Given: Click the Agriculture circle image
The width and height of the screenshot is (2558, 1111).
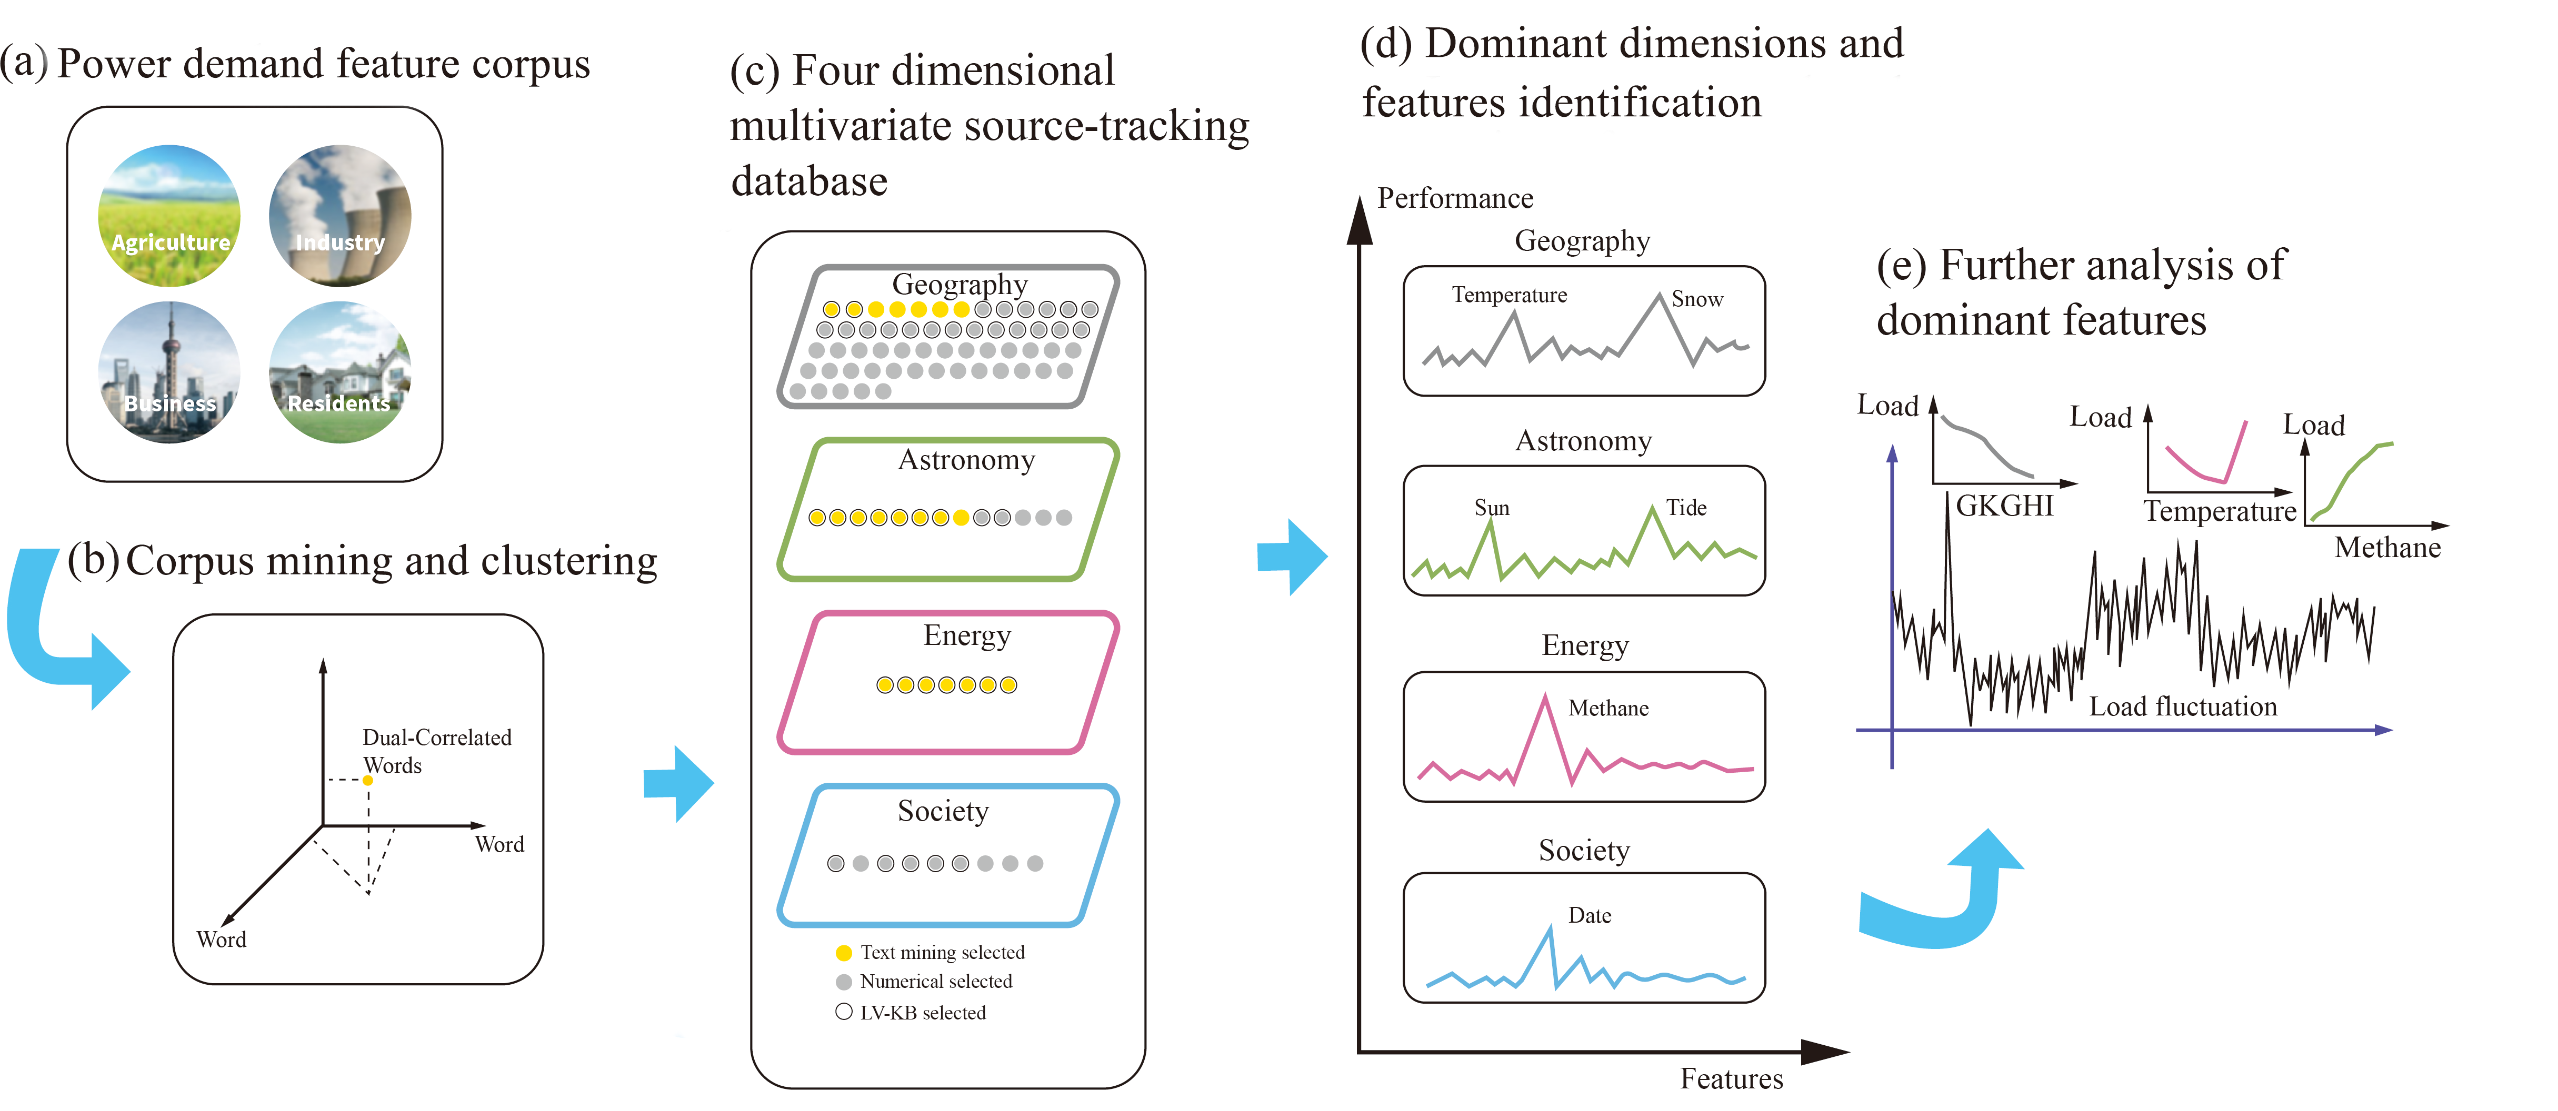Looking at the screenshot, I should [169, 216].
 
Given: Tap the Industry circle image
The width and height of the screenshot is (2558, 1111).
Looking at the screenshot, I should [339, 216].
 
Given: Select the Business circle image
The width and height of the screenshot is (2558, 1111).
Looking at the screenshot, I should [169, 372].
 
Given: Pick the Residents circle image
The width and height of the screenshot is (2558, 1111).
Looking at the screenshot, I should [339, 372].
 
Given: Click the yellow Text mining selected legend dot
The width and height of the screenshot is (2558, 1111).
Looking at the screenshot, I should [844, 953].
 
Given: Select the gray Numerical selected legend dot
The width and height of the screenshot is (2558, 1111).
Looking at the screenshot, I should [844, 982].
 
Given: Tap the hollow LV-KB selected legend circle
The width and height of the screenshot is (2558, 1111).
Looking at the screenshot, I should [844, 1012].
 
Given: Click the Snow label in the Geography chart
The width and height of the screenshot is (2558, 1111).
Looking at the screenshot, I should [1697, 299].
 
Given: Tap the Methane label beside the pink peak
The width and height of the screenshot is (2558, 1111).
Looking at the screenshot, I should [1607, 708].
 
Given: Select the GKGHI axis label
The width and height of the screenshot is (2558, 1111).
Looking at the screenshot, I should [2004, 507].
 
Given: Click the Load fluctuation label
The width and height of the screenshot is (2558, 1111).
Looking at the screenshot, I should [2183, 707].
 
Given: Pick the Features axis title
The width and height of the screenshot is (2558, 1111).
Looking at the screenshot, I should [1731, 1079].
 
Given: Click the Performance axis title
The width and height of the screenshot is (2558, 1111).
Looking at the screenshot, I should [1455, 198].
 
